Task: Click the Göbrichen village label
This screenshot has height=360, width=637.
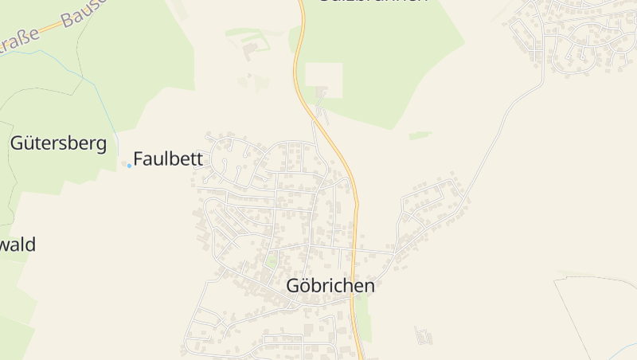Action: (x=330, y=286)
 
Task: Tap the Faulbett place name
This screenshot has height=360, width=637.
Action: (x=169, y=158)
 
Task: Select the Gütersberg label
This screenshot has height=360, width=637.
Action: (x=58, y=143)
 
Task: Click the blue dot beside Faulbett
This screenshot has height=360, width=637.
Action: (x=129, y=165)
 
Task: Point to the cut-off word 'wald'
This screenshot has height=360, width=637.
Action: (x=18, y=245)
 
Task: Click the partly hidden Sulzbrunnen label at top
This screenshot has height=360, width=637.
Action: (x=373, y=2)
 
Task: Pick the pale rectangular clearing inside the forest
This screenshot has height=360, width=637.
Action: (x=324, y=80)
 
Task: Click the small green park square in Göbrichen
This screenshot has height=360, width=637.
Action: (x=272, y=260)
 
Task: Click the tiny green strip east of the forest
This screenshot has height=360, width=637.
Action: (x=420, y=135)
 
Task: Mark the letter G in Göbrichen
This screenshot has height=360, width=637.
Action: (x=293, y=286)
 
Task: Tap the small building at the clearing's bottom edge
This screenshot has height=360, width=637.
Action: (x=322, y=95)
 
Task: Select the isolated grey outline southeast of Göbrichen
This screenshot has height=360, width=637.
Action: (x=424, y=335)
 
